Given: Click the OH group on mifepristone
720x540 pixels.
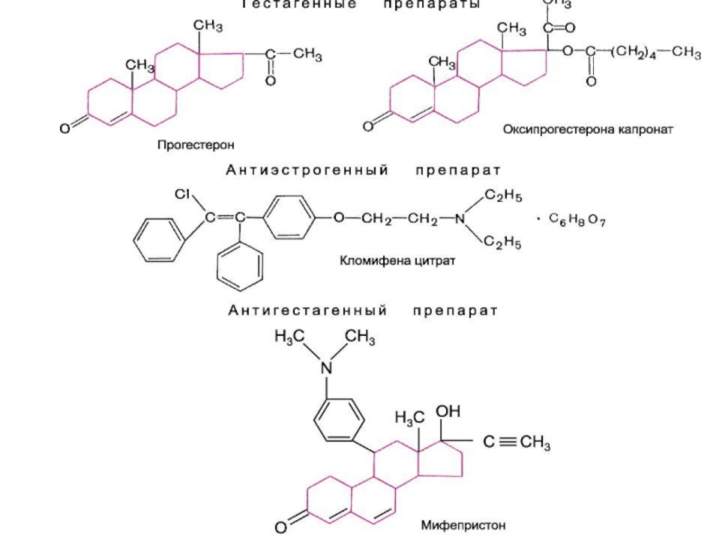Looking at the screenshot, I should (x=448, y=410).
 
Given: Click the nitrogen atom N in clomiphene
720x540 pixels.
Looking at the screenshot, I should (x=461, y=219).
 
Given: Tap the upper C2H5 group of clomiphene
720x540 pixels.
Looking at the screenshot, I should (x=503, y=195).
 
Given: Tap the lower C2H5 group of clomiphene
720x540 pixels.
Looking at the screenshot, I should (x=503, y=241).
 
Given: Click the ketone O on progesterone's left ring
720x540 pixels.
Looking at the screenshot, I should (x=65, y=130).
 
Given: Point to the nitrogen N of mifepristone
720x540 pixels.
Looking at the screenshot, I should (x=328, y=368).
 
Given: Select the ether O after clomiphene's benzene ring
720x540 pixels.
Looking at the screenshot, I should (x=338, y=219).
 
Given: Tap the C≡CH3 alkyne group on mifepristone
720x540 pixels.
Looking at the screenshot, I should (x=518, y=442).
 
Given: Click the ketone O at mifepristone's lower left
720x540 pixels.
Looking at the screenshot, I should (x=281, y=526).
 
